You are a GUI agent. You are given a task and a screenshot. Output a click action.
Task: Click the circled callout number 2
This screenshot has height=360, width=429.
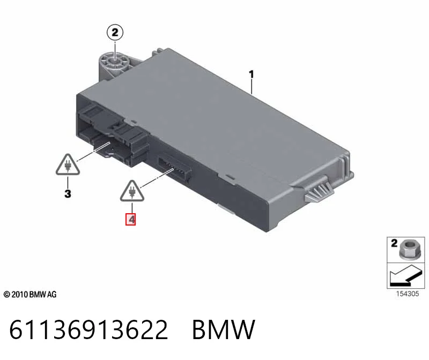[x=115, y=33]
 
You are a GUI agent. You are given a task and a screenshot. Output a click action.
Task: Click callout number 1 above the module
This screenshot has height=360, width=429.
[x=251, y=74]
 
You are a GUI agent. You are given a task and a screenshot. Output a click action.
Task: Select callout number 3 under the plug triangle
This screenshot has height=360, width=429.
[x=68, y=193]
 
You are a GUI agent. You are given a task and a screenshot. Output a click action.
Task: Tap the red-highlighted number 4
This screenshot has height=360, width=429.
[x=130, y=219]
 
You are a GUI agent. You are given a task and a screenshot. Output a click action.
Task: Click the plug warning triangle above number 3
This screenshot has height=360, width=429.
[x=68, y=165]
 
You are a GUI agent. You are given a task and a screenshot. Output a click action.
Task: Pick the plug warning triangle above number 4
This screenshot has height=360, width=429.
[x=132, y=191]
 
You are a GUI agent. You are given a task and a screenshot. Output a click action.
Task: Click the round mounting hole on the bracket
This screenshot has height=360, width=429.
[x=115, y=62]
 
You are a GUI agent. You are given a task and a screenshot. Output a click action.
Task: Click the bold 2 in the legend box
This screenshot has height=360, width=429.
[x=394, y=243]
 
